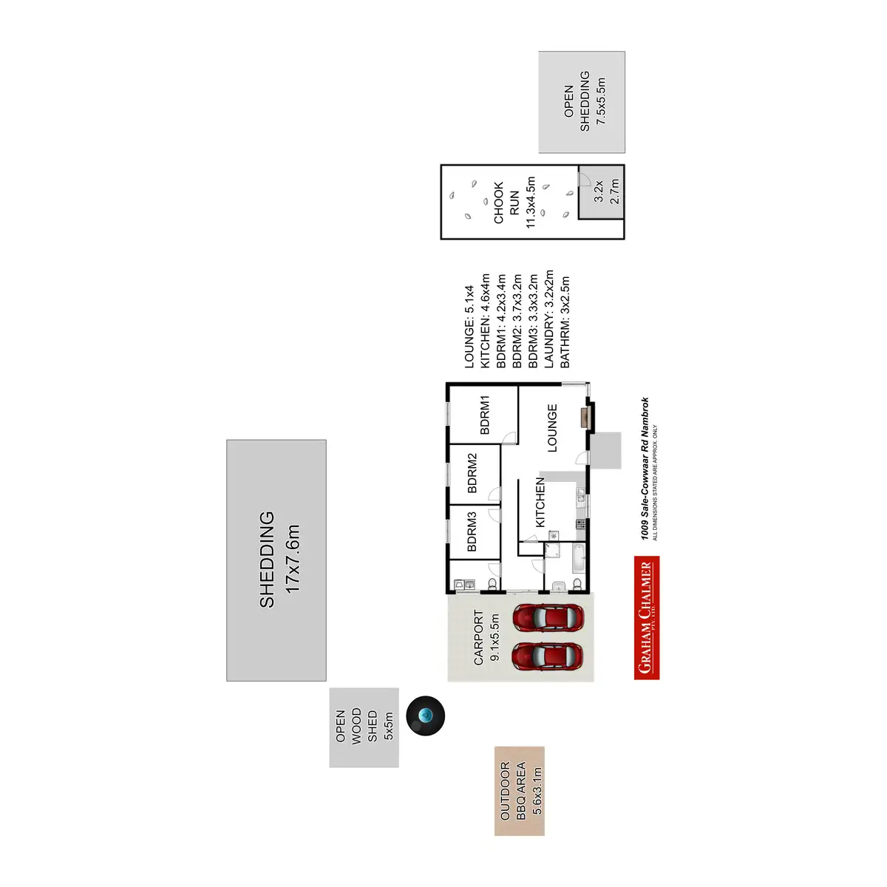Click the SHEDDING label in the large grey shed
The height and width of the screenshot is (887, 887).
(267, 560)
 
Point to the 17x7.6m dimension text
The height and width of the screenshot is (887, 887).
(293, 560)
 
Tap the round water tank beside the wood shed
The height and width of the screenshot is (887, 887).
(426, 716)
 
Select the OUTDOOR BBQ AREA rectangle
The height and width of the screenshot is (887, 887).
(520, 791)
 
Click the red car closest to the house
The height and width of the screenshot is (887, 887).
(548, 618)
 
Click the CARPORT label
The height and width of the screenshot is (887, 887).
(478, 637)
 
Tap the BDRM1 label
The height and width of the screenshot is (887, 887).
(485, 415)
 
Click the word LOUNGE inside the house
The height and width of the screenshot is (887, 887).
(552, 428)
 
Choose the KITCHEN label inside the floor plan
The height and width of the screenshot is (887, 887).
(540, 502)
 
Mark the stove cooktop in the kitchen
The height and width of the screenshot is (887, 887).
(580, 524)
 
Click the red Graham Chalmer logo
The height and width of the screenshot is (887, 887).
(647, 617)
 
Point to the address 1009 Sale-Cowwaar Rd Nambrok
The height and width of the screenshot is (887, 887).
(645, 469)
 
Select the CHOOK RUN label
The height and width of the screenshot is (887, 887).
(506, 203)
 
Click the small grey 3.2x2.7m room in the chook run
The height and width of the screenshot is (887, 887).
(600, 191)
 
